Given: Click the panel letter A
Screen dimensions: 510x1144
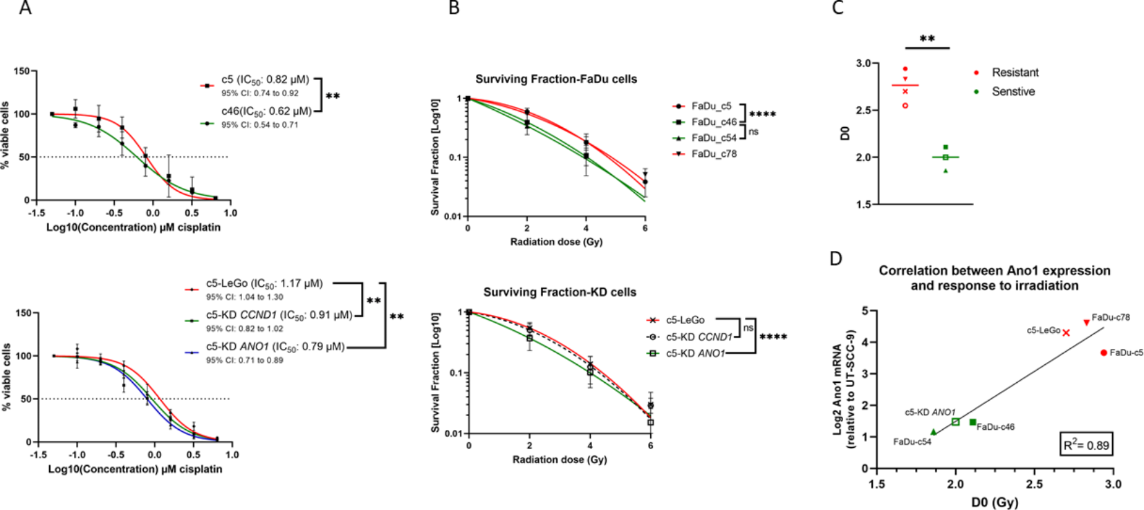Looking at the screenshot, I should coord(26,8).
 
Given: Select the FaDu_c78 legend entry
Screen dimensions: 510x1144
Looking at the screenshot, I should coord(714,153).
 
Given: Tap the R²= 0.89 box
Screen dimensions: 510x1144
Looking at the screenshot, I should coord(1086,444).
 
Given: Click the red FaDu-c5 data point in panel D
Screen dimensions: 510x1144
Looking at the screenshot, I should coord(1104,352).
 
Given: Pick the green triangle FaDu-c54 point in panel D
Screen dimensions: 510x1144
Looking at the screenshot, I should coord(934,432).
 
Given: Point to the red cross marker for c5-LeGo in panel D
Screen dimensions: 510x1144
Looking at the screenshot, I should coord(1067,332).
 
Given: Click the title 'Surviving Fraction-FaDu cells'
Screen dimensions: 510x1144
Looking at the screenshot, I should coord(556,79).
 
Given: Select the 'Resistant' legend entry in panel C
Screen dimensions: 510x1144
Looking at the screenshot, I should coord(1015,73).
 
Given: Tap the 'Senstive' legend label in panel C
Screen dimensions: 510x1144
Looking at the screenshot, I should coord(1013,91).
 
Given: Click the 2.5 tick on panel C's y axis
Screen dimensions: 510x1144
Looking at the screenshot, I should coord(863,111).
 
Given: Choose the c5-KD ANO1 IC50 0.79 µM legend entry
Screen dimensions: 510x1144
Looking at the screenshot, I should coord(275,346).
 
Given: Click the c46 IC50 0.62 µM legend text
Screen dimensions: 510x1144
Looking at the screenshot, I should coord(266,111).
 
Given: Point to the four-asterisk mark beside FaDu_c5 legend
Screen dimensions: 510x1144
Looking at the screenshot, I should coord(763,115).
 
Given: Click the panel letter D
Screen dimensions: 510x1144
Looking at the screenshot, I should coord(836,258).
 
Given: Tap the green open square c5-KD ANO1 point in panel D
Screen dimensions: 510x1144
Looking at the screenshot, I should coord(955,422).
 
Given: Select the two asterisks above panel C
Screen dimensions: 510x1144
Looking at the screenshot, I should coord(927,39).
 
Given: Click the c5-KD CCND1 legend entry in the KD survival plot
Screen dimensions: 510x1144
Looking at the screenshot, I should coord(698,337).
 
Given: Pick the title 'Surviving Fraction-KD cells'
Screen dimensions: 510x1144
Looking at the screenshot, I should coord(560,292).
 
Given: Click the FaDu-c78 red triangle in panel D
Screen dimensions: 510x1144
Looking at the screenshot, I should coord(1087,323).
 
